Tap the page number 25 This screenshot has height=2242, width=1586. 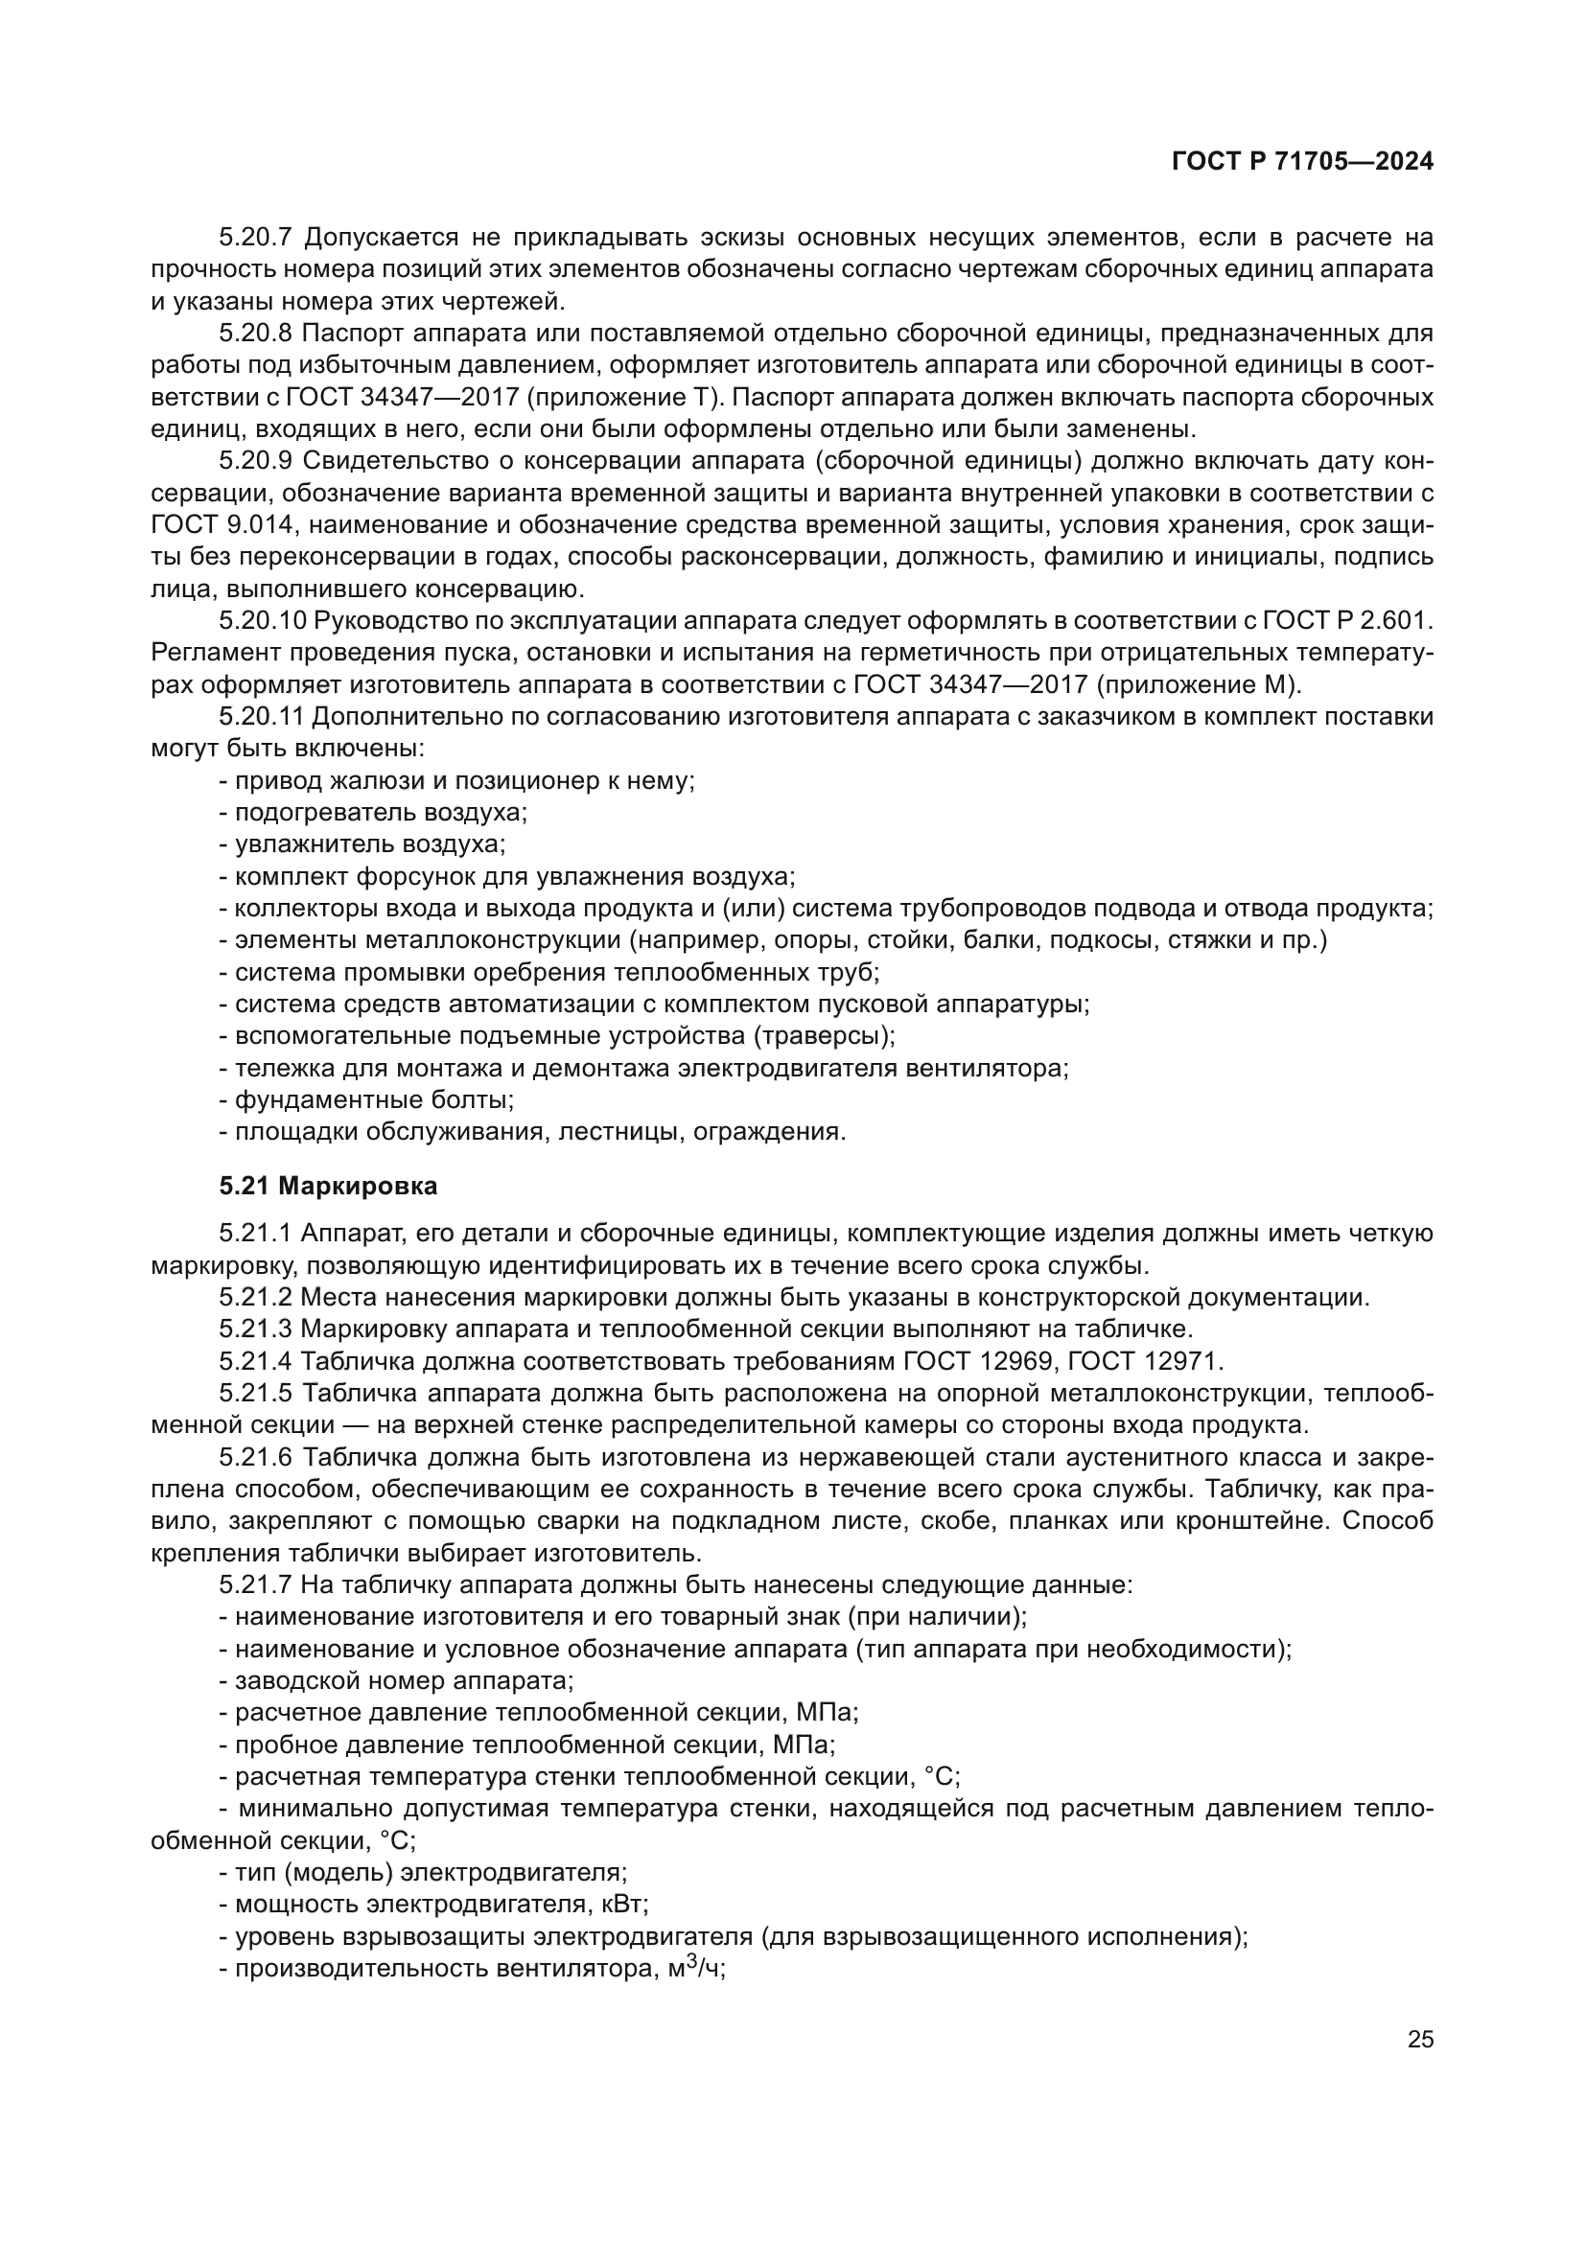1420,2039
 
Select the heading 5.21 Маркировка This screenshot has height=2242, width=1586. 328,1187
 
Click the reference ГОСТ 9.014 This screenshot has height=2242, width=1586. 222,524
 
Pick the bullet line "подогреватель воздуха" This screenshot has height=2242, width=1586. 373,813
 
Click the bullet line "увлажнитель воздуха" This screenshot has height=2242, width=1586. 362,844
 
